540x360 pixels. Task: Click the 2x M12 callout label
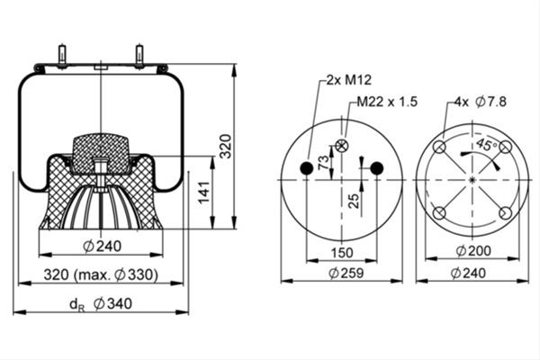tap(349, 80)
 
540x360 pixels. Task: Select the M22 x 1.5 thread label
tap(387, 102)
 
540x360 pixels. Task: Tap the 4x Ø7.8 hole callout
tap(481, 102)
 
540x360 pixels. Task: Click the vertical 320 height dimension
tap(226, 146)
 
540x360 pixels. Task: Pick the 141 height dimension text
tap(204, 193)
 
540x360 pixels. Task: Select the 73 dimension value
tap(323, 163)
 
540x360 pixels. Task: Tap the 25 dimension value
tap(354, 201)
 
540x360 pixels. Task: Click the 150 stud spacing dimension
tap(342, 253)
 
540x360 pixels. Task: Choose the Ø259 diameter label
tap(346, 274)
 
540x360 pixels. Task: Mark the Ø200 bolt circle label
tap(473, 251)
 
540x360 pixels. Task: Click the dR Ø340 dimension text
tap(101, 304)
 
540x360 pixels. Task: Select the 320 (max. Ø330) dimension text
tap(101, 274)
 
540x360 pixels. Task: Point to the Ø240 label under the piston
tap(103, 247)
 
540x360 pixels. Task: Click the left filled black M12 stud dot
tap(307, 168)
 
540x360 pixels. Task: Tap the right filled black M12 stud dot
tap(377, 168)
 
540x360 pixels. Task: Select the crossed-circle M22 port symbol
tap(342, 146)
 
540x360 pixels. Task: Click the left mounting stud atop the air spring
tap(63, 56)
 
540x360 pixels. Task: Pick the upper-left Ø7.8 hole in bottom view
tap(439, 147)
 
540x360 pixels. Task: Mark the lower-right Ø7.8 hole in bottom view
tap(506, 213)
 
